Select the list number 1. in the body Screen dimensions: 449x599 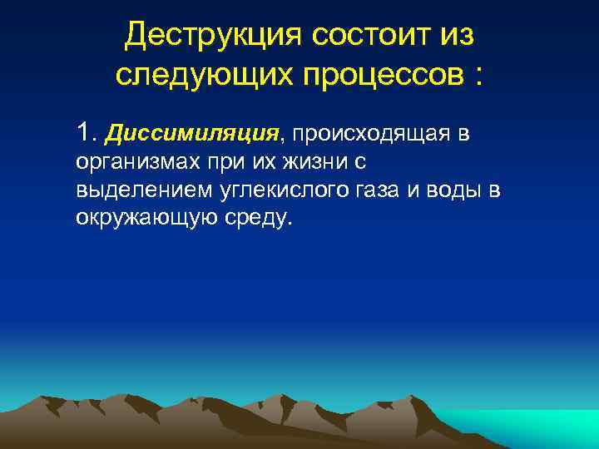tap(87, 131)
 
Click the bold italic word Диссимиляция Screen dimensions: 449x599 tap(195, 132)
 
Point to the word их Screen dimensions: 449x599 tap(251, 161)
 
